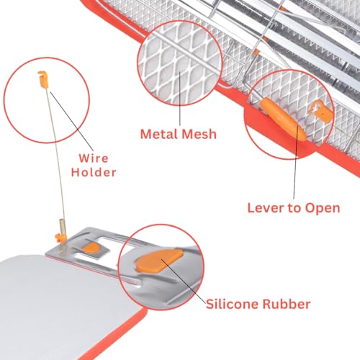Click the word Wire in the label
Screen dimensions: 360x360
click(94, 158)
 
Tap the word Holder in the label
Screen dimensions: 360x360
click(94, 172)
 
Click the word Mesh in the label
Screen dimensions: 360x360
click(199, 134)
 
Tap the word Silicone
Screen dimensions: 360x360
click(232, 304)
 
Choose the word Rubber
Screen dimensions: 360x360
click(287, 304)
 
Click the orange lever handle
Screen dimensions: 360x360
click(283, 119)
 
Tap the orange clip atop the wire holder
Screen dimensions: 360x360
click(43, 79)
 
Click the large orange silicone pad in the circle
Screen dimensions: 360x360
click(158, 261)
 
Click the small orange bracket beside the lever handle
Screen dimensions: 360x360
click(322, 112)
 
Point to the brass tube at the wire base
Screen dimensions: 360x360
click(62, 226)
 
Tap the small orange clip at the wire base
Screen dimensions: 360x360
click(59, 238)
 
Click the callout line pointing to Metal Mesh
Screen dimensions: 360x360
click(180, 98)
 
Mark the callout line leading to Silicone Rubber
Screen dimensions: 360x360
click(184, 280)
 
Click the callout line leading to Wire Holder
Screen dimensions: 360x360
click(72, 119)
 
